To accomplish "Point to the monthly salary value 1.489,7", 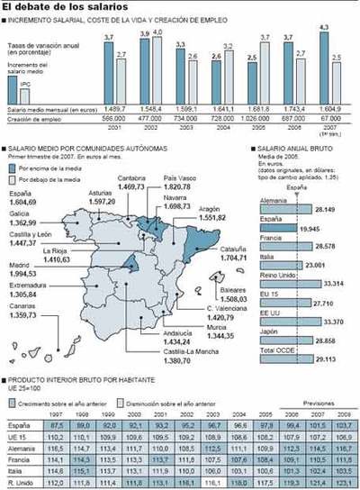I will click(115, 107).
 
